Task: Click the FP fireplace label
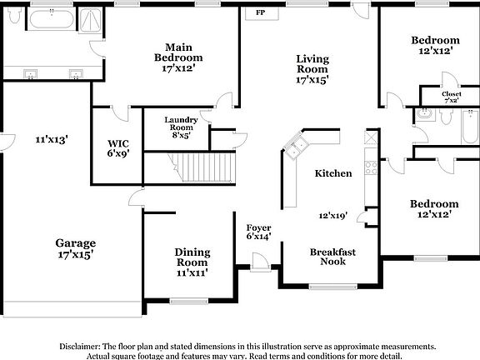(x=261, y=12)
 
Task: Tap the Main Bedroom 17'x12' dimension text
(x=178, y=68)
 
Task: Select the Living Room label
(x=312, y=63)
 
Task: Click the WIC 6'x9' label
(x=118, y=148)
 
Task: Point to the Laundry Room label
(x=181, y=123)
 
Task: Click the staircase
(x=202, y=167)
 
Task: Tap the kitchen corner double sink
(x=296, y=147)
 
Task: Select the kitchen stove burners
(x=371, y=168)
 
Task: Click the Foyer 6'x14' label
(x=258, y=232)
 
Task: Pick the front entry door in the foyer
(x=260, y=262)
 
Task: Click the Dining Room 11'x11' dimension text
(x=192, y=272)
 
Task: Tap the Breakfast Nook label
(x=332, y=257)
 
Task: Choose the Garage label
(x=76, y=243)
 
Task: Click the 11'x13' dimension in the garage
(x=52, y=140)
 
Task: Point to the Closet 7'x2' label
(x=452, y=97)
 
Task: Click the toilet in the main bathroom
(x=14, y=15)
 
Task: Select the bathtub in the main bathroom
(x=52, y=19)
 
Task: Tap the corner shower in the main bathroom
(x=90, y=20)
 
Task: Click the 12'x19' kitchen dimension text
(x=332, y=216)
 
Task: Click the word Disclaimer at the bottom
(x=80, y=347)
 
